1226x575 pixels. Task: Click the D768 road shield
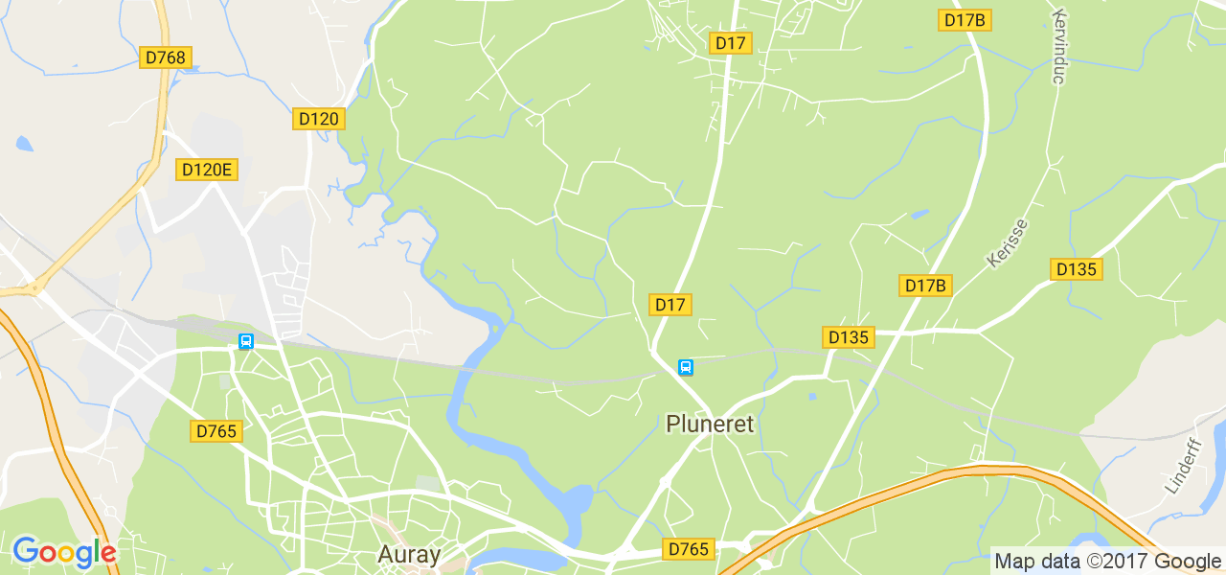pyautogui.click(x=165, y=57)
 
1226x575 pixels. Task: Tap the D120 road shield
pyautogui.click(x=319, y=119)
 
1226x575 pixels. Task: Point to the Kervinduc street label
pyautogui.click(x=1058, y=48)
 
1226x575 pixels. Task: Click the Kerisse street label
pyautogui.click(x=1007, y=243)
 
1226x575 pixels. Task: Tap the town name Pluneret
pyautogui.click(x=710, y=424)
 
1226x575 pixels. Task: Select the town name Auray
pyautogui.click(x=409, y=554)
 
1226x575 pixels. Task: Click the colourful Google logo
pyautogui.click(x=64, y=552)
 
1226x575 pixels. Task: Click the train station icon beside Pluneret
pyautogui.click(x=685, y=367)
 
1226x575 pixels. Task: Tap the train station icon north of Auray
pyautogui.click(x=246, y=341)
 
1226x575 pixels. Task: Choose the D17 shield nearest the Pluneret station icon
pyautogui.click(x=670, y=305)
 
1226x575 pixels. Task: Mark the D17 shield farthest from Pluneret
pyautogui.click(x=730, y=42)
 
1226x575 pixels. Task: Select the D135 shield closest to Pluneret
pyautogui.click(x=849, y=336)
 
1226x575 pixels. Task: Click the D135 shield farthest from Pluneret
pyautogui.click(x=1076, y=269)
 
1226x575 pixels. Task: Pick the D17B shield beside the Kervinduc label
pyautogui.click(x=965, y=20)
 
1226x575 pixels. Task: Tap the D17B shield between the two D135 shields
pyautogui.click(x=926, y=285)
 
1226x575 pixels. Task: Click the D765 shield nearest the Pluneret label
pyautogui.click(x=689, y=549)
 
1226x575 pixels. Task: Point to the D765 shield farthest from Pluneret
pyautogui.click(x=216, y=431)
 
